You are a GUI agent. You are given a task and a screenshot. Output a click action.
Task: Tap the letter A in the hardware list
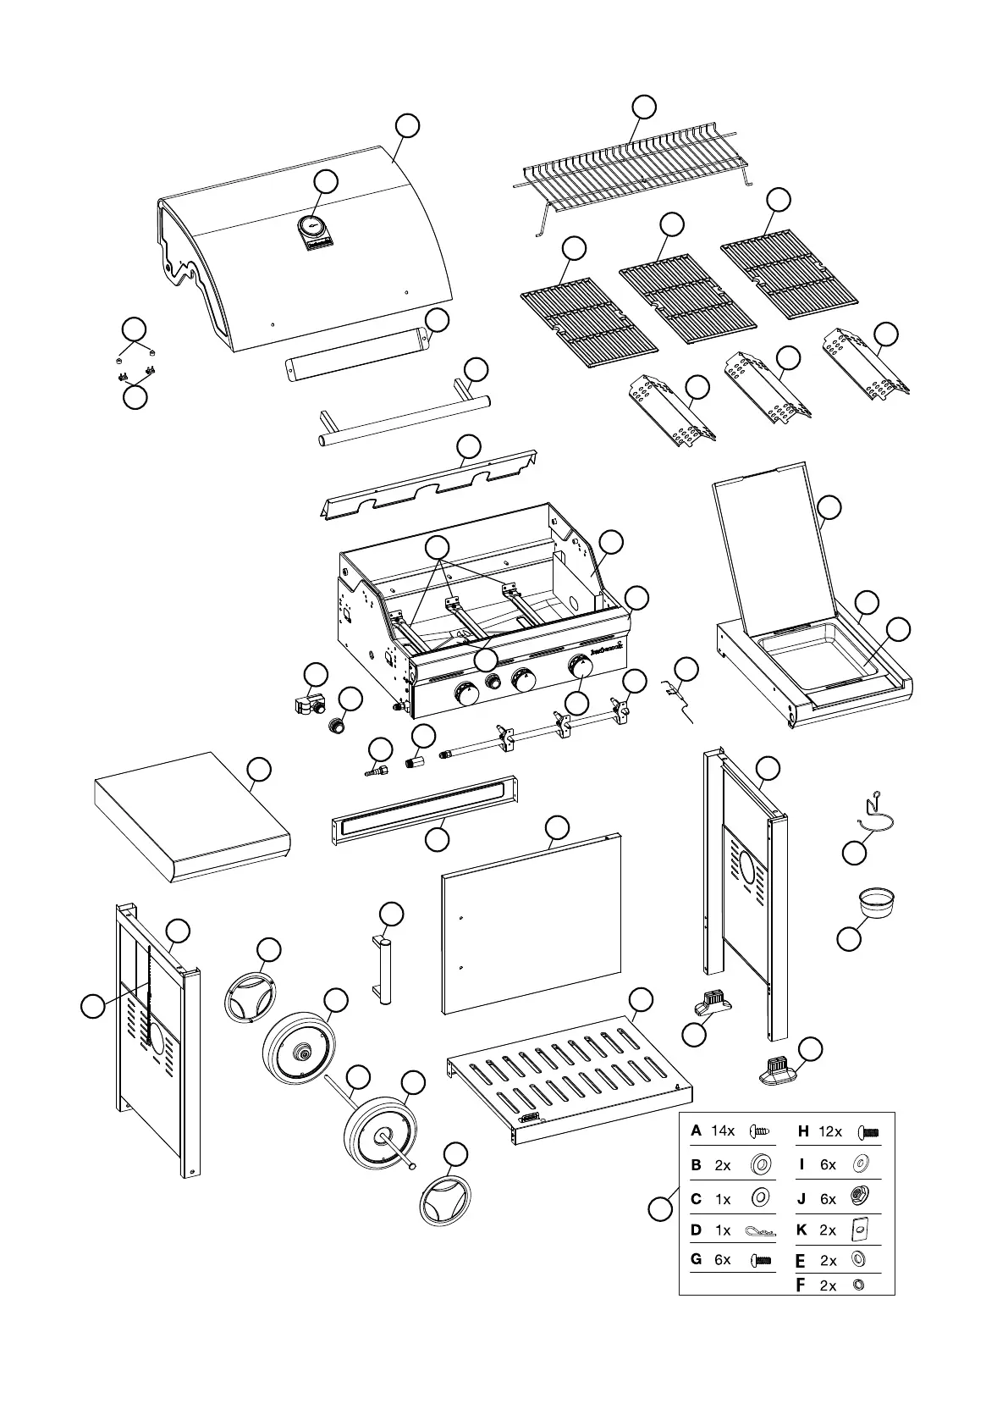pos(696,1130)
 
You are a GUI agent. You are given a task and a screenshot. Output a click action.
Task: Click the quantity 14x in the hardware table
pos(723,1130)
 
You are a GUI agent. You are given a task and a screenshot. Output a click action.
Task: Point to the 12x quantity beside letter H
pos(830,1130)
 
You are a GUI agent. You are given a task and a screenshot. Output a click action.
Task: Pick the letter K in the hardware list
pos(802,1230)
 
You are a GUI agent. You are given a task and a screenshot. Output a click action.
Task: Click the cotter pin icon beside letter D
pos(759,1230)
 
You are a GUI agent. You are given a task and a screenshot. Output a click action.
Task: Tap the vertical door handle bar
pos(384,969)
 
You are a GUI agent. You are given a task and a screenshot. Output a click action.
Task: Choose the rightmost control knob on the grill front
pos(581,666)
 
